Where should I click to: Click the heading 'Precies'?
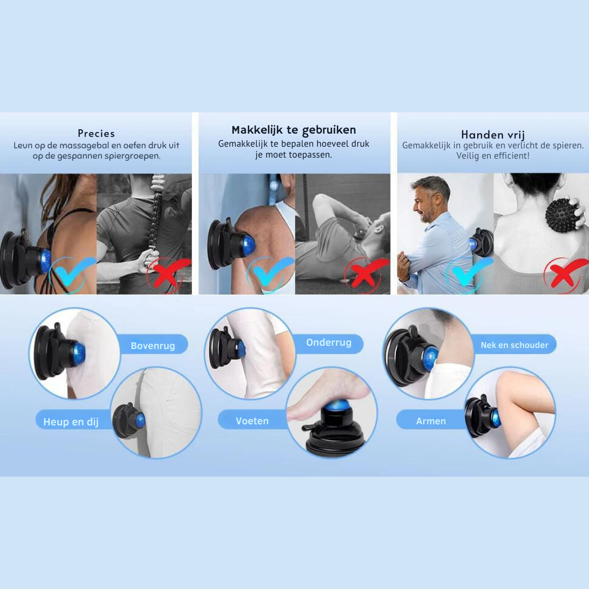[96, 134]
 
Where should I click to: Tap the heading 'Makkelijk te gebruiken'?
[294, 130]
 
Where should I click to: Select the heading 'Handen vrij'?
[493, 135]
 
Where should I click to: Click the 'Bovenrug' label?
[153, 346]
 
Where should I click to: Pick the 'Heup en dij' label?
[71, 422]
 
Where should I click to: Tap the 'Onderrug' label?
[329, 342]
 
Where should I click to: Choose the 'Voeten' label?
[252, 421]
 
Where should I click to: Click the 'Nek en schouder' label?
[514, 345]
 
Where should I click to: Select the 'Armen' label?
[431, 421]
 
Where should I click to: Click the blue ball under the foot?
[336, 406]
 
